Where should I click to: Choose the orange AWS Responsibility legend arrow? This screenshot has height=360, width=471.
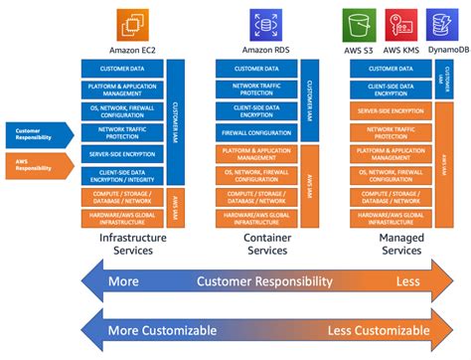38,162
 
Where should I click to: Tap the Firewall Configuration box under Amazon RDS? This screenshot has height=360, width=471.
255,131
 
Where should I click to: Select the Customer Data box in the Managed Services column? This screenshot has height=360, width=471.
390,69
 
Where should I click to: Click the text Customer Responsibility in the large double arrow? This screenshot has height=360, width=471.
263,281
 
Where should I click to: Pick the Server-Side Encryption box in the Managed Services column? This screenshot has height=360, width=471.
390,110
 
